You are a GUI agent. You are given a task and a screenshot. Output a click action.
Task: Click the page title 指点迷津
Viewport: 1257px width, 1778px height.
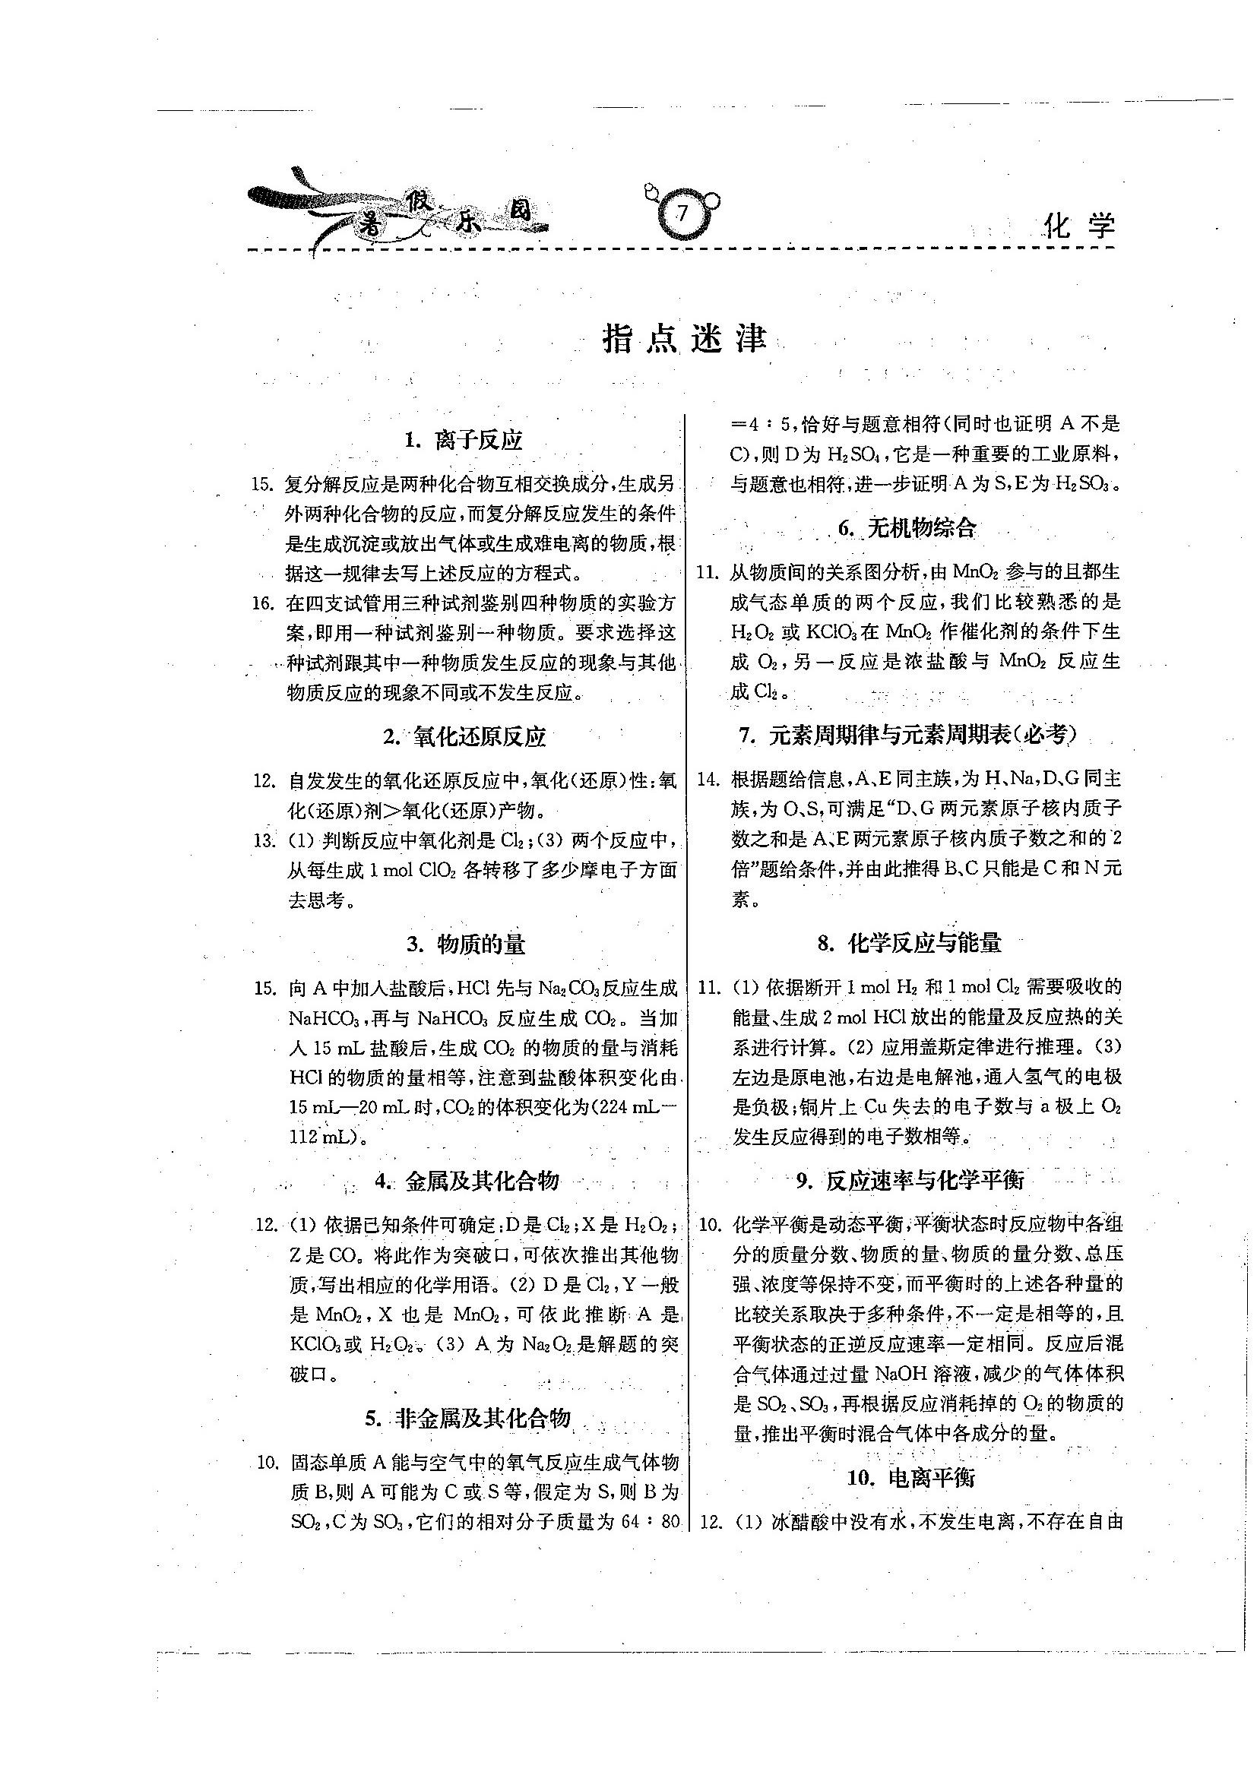pos(684,339)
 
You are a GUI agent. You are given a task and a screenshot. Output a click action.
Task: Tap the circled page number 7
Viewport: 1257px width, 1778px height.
pos(682,213)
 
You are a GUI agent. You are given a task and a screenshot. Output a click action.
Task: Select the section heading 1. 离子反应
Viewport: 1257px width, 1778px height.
pos(464,441)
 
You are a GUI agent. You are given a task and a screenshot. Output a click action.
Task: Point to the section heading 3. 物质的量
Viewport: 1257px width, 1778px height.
pos(466,944)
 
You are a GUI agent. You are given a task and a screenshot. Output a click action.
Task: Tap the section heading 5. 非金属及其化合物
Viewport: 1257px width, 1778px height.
pos(468,1418)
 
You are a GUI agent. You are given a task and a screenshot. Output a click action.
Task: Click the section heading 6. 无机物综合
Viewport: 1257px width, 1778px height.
pos(907,528)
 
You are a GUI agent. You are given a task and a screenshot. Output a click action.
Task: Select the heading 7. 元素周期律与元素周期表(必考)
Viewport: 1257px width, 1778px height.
pos(907,735)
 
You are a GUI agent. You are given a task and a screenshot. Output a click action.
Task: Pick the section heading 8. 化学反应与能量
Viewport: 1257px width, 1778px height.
pos(909,942)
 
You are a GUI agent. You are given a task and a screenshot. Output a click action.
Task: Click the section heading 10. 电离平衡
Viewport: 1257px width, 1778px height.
pos(910,1478)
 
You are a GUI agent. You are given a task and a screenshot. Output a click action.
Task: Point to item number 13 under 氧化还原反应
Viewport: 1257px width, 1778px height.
pos(265,841)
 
